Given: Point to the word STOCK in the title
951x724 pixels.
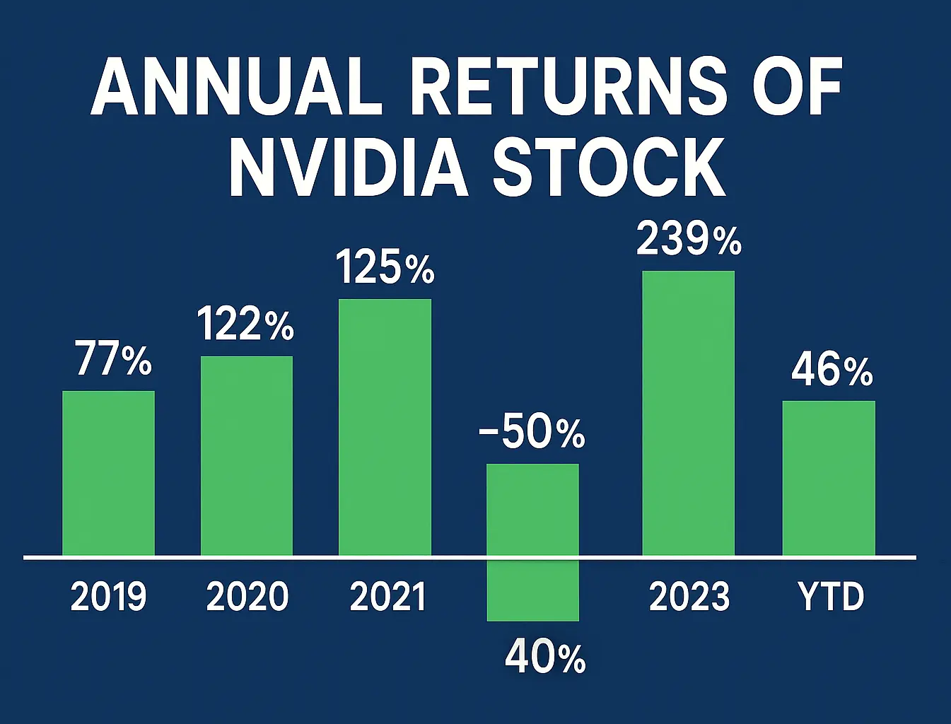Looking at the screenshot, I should [609, 168].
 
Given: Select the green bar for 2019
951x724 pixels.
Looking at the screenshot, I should [108, 473].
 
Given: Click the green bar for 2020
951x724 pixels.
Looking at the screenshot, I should [247, 456].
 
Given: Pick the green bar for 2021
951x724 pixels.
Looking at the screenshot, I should [385, 427].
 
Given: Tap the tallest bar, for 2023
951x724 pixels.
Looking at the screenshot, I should [688, 413].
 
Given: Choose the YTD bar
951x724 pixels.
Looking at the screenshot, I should [829, 478].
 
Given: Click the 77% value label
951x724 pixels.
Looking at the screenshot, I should [113, 359].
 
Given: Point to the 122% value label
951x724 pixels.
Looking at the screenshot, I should [245, 325].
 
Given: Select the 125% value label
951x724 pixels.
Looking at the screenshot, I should [385, 268].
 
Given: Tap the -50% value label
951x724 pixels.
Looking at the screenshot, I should [532, 433].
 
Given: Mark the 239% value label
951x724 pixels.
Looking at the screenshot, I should [689, 239].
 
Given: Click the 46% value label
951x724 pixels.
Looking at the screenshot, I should [832, 370].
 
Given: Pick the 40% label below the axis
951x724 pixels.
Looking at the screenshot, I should [545, 658].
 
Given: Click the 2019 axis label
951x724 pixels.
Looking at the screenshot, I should [108, 596].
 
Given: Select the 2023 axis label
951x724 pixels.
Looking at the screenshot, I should [689, 596].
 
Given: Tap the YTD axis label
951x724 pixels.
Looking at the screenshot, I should [831, 596].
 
